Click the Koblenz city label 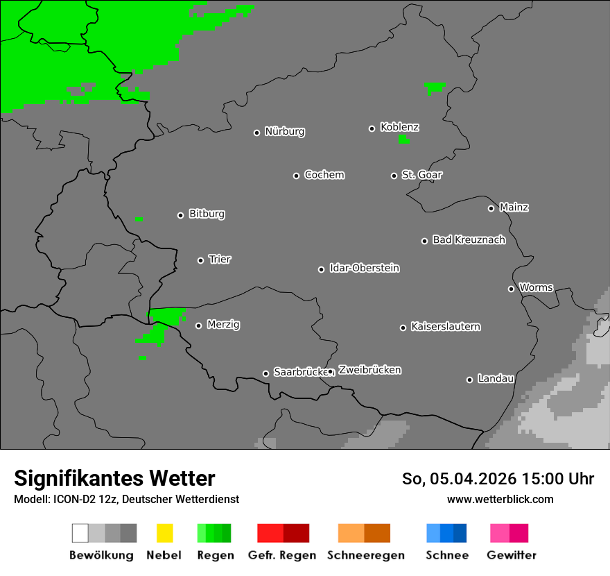tap(399, 127)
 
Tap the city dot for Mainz tap(491, 208)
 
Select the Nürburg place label tap(284, 131)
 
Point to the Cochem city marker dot tap(296, 176)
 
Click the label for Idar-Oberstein tap(365, 268)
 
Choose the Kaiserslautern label tap(446, 326)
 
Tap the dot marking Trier tap(200, 260)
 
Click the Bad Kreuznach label tap(469, 239)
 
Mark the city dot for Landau tap(469, 380)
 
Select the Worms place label tap(536, 287)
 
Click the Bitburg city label tap(207, 214)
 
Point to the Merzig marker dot tap(198, 325)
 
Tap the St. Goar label tap(421, 175)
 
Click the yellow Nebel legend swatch tap(164, 533)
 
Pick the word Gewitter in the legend tap(512, 555)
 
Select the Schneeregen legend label tap(365, 555)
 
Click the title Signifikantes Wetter tap(114, 478)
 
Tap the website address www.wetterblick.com tap(500, 499)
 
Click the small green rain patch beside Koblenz tap(404, 139)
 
